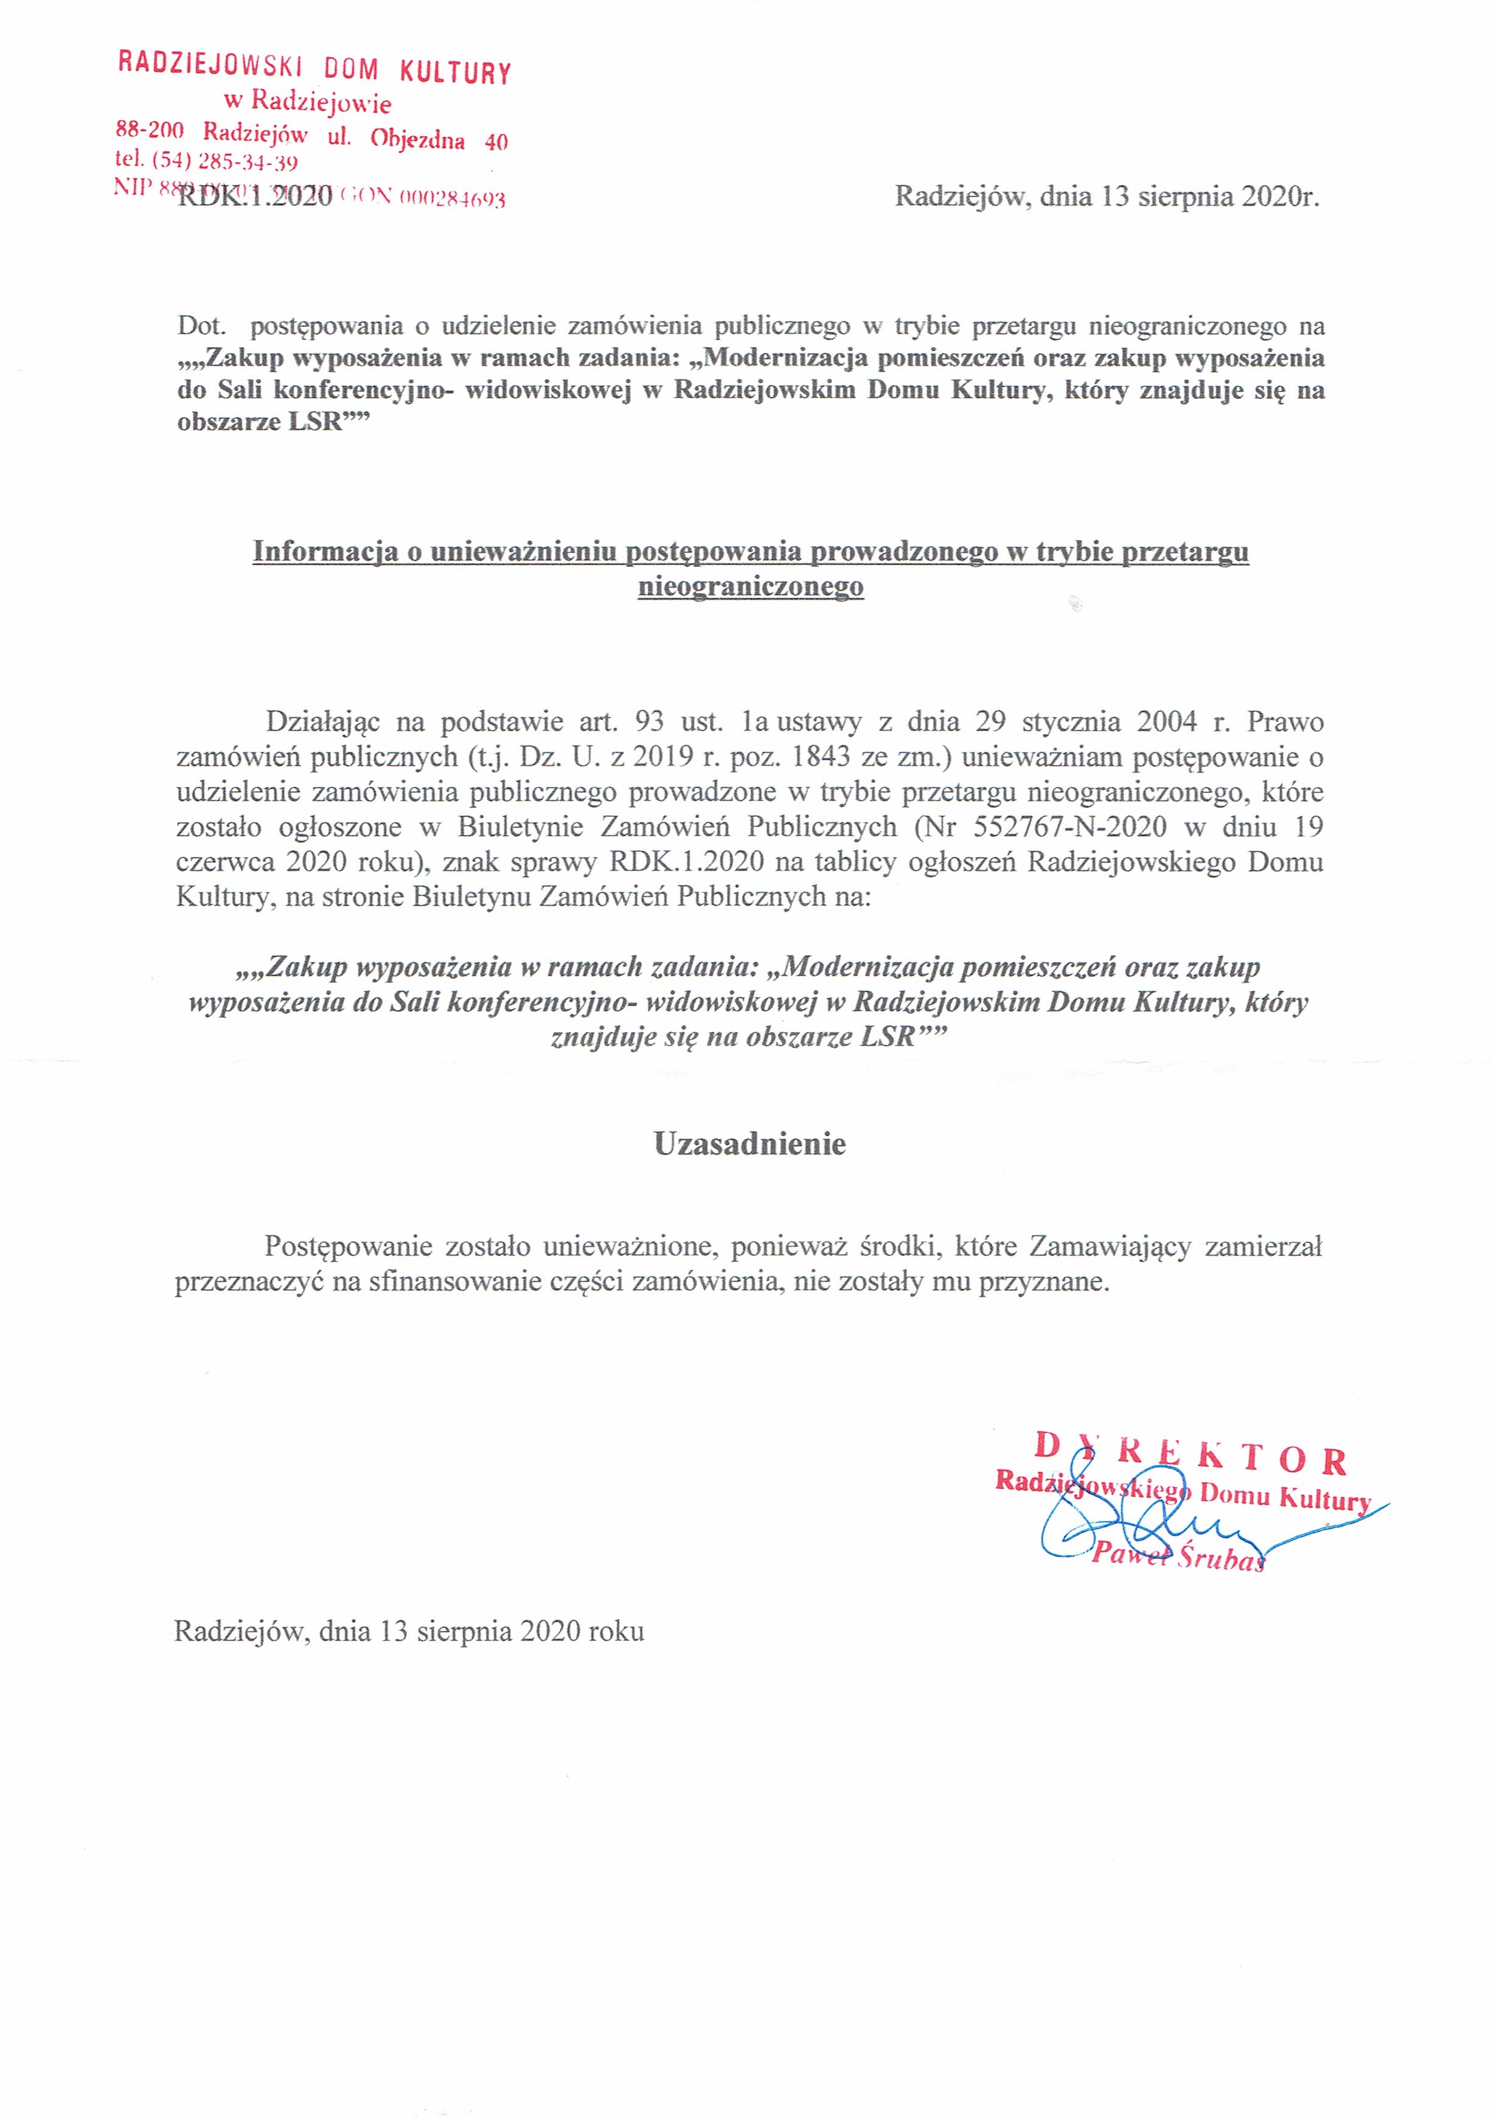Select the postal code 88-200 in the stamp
(x=150, y=130)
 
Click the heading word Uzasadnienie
(x=749, y=1145)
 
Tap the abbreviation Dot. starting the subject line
(x=202, y=326)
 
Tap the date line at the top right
(x=1107, y=196)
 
